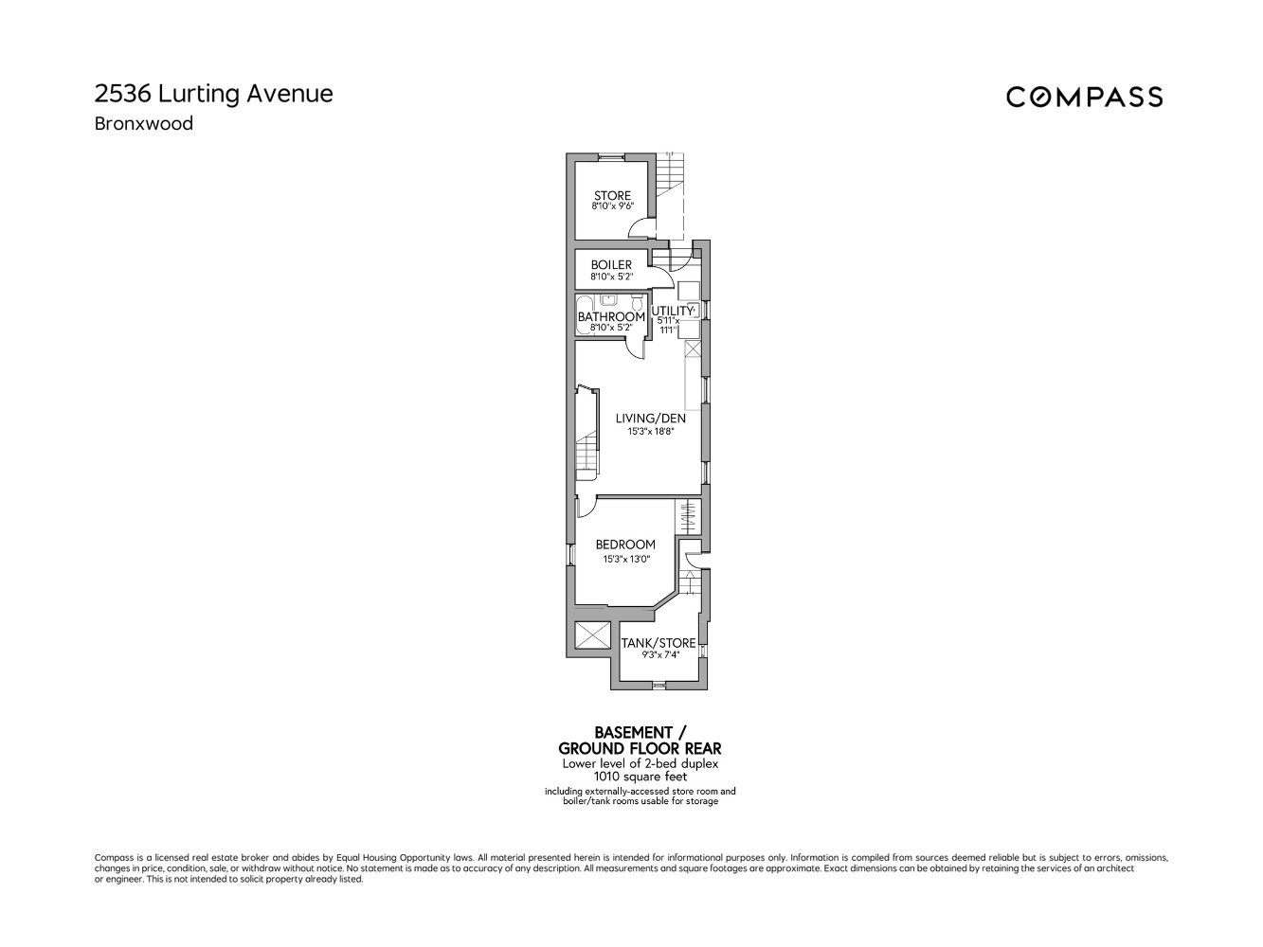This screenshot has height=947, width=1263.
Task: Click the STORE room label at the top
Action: tap(612, 196)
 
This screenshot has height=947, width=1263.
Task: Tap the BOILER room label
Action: tap(611, 265)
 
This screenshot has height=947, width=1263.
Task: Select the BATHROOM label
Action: tap(611, 316)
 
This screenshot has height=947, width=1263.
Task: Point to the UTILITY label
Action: tap(673, 311)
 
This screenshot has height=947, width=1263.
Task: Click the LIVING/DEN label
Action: tap(650, 418)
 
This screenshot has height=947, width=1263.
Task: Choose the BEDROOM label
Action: tap(625, 545)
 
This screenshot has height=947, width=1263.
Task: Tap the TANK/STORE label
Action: tap(659, 643)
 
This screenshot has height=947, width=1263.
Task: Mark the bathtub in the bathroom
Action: tap(583, 316)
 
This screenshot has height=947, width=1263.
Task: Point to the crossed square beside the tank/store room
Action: tap(593, 634)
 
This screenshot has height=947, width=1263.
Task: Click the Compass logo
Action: tap(1084, 97)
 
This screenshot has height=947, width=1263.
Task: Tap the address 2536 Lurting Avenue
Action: tap(213, 94)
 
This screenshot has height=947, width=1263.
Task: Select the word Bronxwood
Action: tap(143, 123)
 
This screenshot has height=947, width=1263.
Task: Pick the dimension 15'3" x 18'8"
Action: tap(650, 432)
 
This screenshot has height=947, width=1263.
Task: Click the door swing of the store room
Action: tap(642, 228)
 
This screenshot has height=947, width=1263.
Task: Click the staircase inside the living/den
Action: tap(587, 450)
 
